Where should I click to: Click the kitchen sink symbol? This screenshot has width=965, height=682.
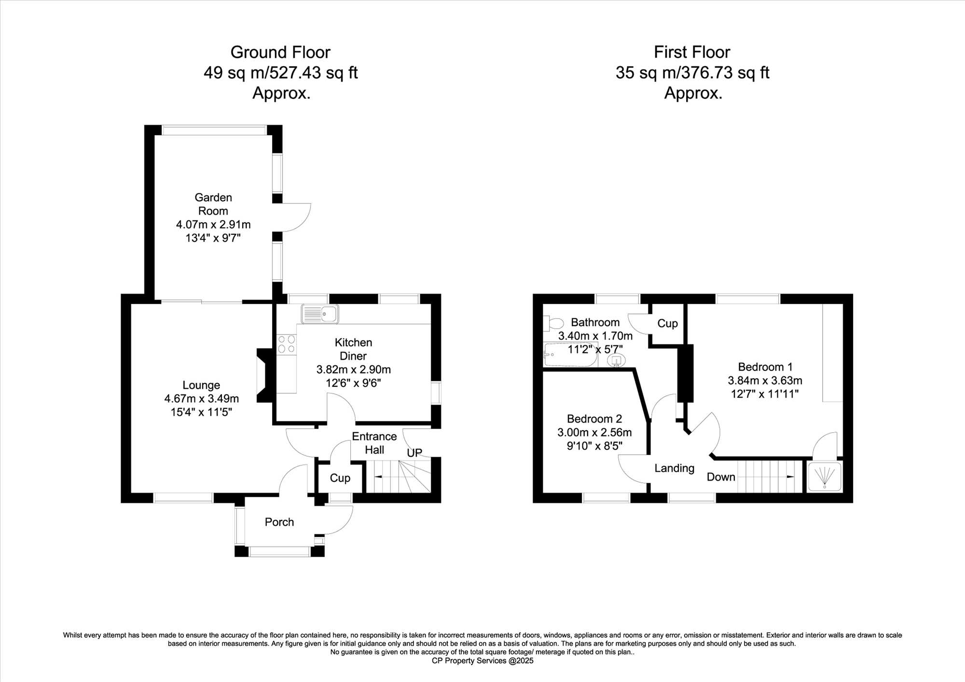pos(319,314)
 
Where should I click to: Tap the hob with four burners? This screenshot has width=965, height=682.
pos(287,344)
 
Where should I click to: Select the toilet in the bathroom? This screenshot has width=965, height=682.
pos(553,323)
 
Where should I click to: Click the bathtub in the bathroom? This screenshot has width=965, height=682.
pos(570,355)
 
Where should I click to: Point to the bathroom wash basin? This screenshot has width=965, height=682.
pos(616,360)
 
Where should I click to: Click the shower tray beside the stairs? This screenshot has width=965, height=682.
pos(824,477)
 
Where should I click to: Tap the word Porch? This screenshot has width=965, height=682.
pos(279,522)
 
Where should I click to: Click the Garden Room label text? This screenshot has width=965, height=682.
pos(213,204)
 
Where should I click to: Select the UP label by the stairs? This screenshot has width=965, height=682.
pos(414,453)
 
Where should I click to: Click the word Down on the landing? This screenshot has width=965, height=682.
pos(721,477)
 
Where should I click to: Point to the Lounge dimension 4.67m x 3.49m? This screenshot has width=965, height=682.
pos(202,398)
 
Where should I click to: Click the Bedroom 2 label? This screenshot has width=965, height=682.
pos(594,419)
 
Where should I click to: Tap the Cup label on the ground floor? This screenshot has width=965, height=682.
pos(340,478)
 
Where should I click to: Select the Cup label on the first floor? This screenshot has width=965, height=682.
pos(668,324)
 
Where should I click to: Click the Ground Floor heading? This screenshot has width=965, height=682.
pos(280,52)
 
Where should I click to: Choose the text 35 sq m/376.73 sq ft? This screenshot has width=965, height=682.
pos(692,72)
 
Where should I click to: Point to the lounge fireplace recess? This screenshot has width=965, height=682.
pos(265,376)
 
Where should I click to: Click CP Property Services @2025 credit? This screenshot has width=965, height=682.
pos(482,661)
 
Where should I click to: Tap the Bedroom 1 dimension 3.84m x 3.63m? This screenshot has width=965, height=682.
pos(765,381)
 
